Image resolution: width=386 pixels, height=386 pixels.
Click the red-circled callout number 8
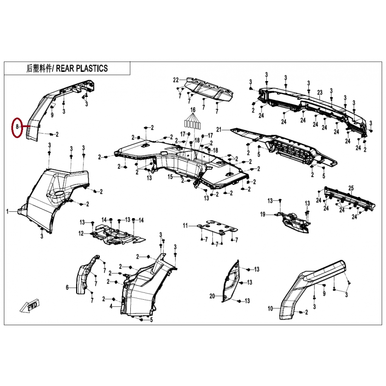coord(17,127)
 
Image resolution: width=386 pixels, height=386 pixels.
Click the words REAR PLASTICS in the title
coord(82,68)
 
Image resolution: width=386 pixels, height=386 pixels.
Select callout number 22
coord(176,80)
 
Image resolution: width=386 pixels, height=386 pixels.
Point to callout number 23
coord(320,93)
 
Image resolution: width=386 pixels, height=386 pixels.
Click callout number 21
coord(219,129)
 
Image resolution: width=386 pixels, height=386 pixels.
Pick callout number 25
coord(351,188)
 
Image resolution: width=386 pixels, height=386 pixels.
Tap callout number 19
coord(262,214)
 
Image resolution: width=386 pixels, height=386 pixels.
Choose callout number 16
coord(193,110)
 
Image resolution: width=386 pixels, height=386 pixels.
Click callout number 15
coord(170,177)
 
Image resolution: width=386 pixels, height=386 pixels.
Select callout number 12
coord(81,233)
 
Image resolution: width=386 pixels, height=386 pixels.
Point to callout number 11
coord(185,225)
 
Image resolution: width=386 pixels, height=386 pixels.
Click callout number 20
coord(212,296)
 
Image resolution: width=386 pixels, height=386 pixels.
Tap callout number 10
coord(270,308)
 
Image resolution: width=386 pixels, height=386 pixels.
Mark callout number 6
coord(67,287)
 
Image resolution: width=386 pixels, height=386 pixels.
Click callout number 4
coord(111,306)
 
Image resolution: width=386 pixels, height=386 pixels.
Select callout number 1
coord(7,211)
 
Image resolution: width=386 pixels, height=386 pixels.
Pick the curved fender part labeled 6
coord(87,275)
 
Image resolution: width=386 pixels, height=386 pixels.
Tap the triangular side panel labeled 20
coord(231,281)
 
